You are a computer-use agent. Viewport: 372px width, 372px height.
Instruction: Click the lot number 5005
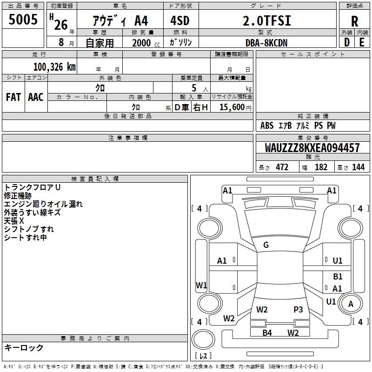(x=23, y=20)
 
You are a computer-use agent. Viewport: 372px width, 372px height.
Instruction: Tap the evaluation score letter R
(x=354, y=21)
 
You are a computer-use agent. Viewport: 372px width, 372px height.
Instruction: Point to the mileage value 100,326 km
(x=54, y=67)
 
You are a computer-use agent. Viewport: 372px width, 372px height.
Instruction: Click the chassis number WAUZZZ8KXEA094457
(x=312, y=148)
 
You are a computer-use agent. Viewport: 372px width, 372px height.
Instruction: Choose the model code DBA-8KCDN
(x=266, y=43)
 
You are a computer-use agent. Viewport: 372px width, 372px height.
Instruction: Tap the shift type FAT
(x=13, y=97)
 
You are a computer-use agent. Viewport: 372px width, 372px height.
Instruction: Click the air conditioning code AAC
(x=36, y=97)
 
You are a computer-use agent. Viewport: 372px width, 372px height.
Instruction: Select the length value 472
(x=282, y=167)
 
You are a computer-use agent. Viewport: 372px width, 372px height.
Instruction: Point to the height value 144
(x=358, y=167)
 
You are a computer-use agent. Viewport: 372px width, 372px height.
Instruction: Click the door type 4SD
(x=176, y=21)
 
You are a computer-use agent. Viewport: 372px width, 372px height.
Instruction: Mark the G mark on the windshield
(x=266, y=245)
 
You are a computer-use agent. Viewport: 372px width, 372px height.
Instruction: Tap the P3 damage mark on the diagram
(x=298, y=309)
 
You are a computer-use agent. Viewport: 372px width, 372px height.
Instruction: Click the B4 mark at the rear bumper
(x=267, y=332)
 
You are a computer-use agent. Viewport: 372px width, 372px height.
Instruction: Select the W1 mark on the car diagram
(x=201, y=285)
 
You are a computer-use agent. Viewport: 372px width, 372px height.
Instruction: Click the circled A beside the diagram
(x=351, y=304)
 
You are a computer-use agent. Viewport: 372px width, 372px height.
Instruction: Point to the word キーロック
(x=24, y=348)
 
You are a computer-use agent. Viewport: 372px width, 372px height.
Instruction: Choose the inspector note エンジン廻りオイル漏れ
(x=43, y=204)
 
